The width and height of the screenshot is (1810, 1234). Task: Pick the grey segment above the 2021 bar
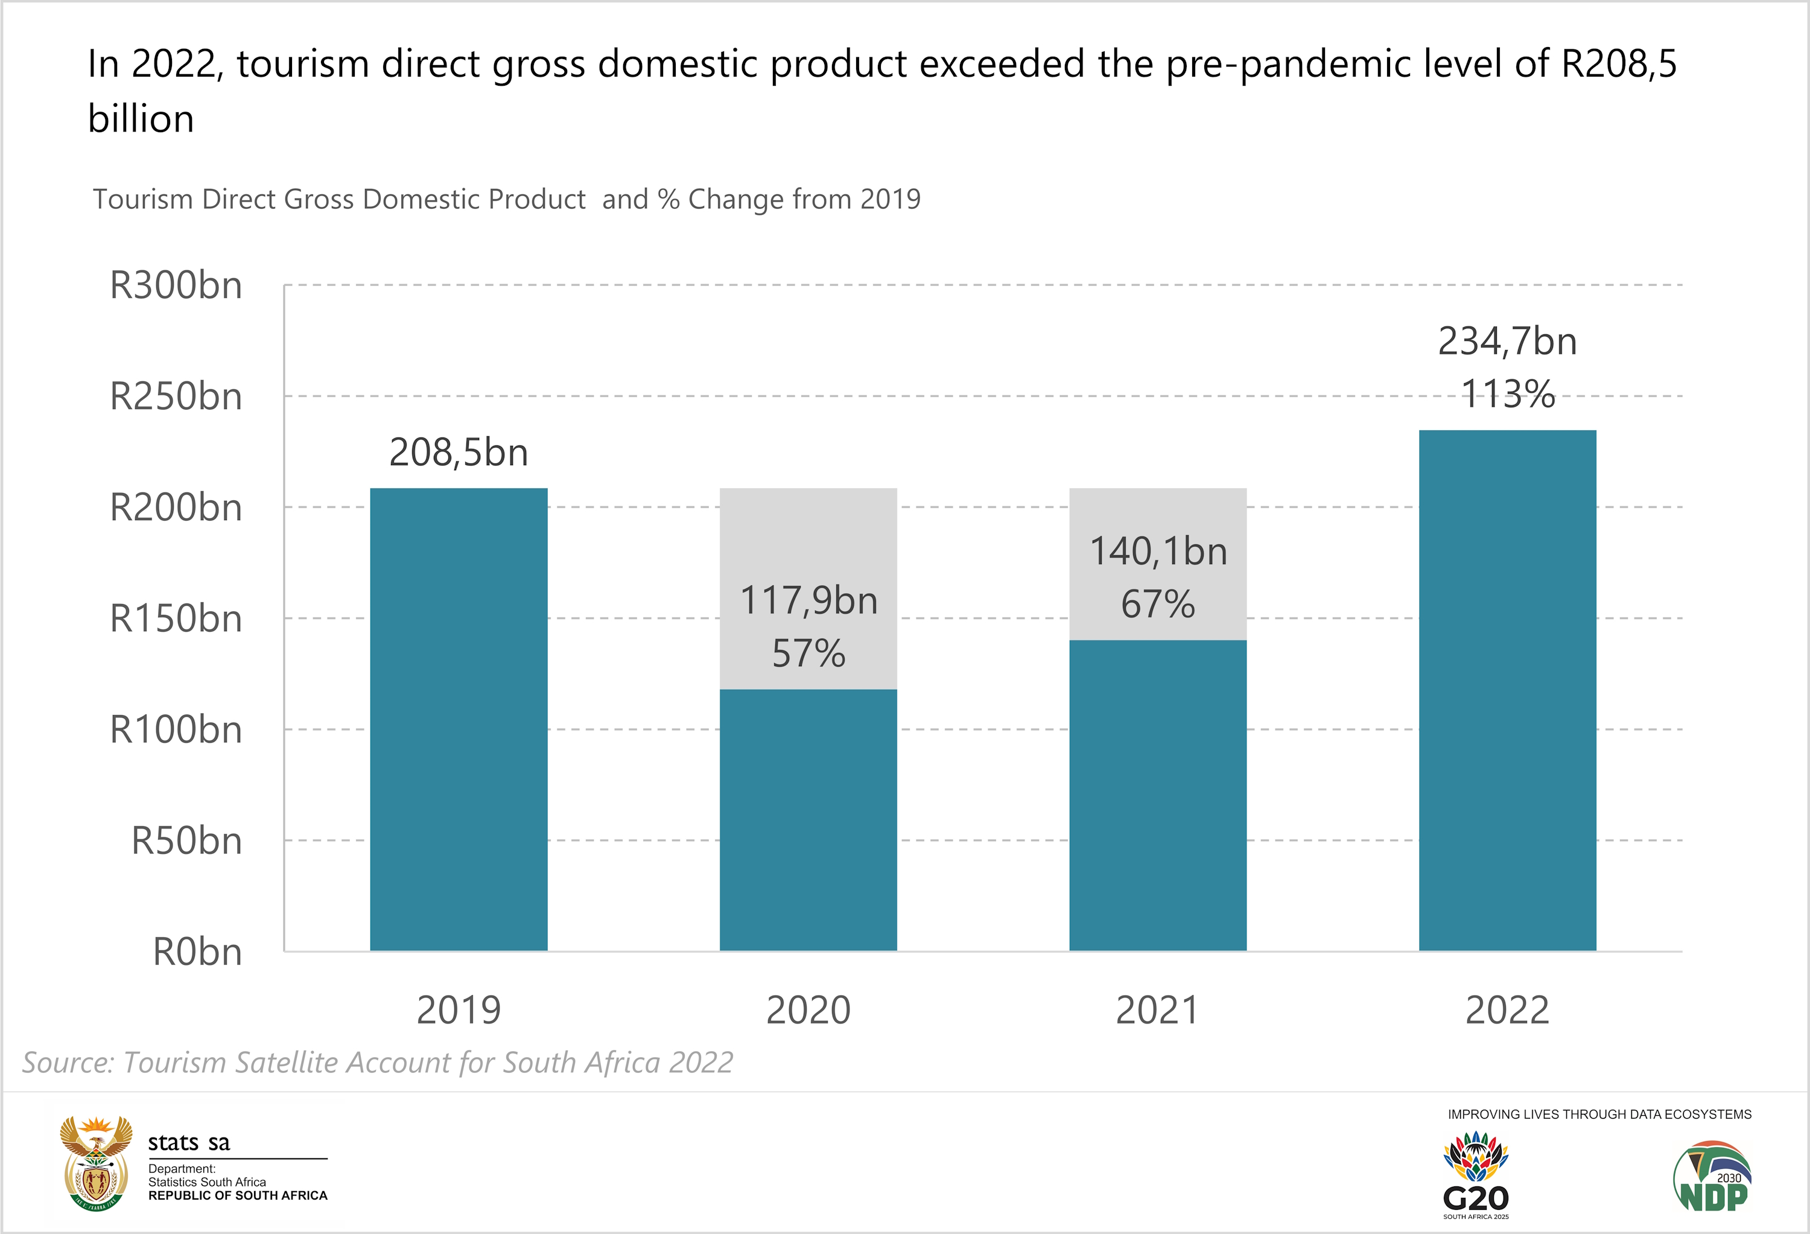[1157, 514]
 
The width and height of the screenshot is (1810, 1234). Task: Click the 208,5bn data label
[459, 453]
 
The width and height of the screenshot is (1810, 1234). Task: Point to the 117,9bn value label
[808, 600]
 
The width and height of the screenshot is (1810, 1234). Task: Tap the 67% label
[1157, 605]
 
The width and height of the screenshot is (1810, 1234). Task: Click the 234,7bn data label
[1507, 341]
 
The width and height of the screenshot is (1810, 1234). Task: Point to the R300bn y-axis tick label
[176, 285]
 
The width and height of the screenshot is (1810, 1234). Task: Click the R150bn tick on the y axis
[176, 619]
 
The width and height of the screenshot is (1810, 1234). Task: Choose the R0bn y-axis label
[197, 952]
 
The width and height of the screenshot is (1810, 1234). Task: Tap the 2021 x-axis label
[1157, 1010]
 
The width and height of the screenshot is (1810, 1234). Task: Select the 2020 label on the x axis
[808, 1010]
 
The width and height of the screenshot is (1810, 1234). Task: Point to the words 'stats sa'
[189, 1143]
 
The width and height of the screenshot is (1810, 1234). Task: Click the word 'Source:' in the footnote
[68, 1063]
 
